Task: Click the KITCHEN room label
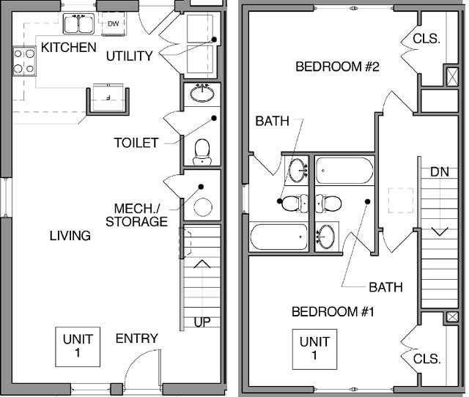tap(68, 48)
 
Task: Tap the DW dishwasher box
tap(113, 24)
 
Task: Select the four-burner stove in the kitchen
tap(24, 61)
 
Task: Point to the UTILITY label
tap(129, 56)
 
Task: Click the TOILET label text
tap(136, 143)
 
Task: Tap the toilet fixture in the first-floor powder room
tap(202, 150)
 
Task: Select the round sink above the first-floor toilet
tap(202, 94)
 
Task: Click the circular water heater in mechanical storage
tap(202, 207)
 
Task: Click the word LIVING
tap(70, 236)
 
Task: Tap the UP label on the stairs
tap(202, 322)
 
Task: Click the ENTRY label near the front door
tap(136, 338)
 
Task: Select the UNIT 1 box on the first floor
tap(77, 346)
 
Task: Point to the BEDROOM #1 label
tap(333, 312)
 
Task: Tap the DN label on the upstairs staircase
tap(440, 172)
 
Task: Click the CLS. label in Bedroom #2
tap(426, 38)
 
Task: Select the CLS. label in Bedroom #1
tap(426, 359)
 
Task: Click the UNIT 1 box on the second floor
tap(314, 349)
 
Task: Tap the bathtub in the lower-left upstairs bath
tap(279, 237)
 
